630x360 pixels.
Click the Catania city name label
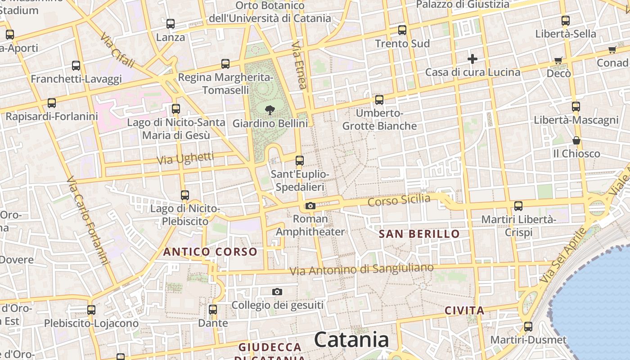pos(351,340)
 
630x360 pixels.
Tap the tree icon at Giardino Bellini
pos(270,110)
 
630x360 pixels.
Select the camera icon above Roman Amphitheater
pos(310,206)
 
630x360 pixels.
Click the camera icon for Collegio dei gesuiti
pos(277,292)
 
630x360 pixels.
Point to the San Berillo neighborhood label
pos(419,234)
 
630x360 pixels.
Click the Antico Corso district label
pos(210,252)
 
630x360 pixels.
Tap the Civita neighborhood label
pos(464,310)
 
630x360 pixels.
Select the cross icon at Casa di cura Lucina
pos(472,59)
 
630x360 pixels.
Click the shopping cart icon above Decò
pos(558,60)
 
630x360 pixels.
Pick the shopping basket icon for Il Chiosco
pos(576,141)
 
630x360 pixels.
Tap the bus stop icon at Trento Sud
pos(402,30)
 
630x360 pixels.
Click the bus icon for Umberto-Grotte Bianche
pos(379,100)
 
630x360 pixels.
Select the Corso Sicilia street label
pos(399,200)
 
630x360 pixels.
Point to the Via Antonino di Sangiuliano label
pos(362,270)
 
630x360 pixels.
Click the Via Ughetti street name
pos(185,158)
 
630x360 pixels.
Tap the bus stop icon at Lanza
pos(171,24)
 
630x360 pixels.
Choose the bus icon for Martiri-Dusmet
pos(528,326)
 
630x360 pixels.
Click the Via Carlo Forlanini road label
pos(88,220)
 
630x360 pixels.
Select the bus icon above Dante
pos(213,310)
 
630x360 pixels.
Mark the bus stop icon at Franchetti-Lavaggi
pos(76,66)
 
